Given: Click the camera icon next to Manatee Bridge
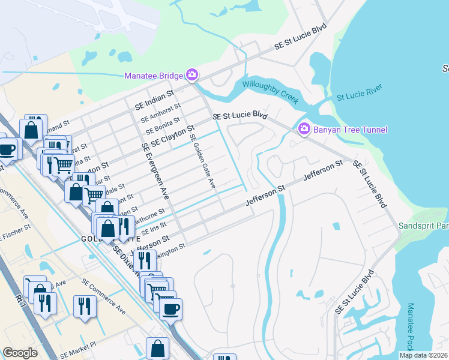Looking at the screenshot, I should pos(192,75).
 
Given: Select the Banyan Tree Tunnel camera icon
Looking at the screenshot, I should pos(304,129).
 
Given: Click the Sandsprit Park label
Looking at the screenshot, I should pos(423,226).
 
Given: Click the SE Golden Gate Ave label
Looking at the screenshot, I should pos(202,161).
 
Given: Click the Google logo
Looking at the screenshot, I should pos(20,353).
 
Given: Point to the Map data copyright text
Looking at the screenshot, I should pos(423,355).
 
